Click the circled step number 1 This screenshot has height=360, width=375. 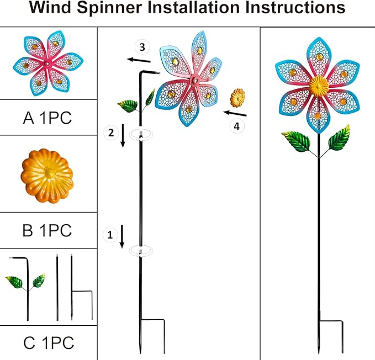pos(109,235)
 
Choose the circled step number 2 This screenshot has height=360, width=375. pos(110,132)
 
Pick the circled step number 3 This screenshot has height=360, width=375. pos(143,47)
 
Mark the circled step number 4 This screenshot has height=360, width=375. pos(236,126)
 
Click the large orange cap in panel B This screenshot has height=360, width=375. pos(47,174)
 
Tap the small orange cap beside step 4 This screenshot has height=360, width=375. pos(238,98)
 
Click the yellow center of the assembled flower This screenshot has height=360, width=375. pos(318,86)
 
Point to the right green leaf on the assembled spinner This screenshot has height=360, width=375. pos(339,137)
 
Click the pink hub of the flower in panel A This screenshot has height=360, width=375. pos(47,65)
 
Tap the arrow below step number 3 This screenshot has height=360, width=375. pos(138,60)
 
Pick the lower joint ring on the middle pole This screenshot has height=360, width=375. pos(141,251)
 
